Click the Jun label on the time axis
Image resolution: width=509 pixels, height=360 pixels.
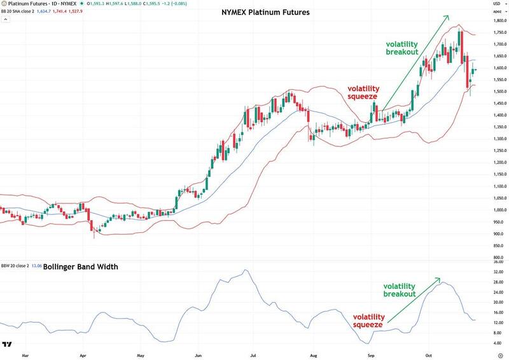[x=199, y=354]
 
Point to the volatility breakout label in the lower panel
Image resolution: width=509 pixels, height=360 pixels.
[x=400, y=289]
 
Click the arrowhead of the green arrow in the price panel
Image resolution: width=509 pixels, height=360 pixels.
[x=447, y=17]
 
